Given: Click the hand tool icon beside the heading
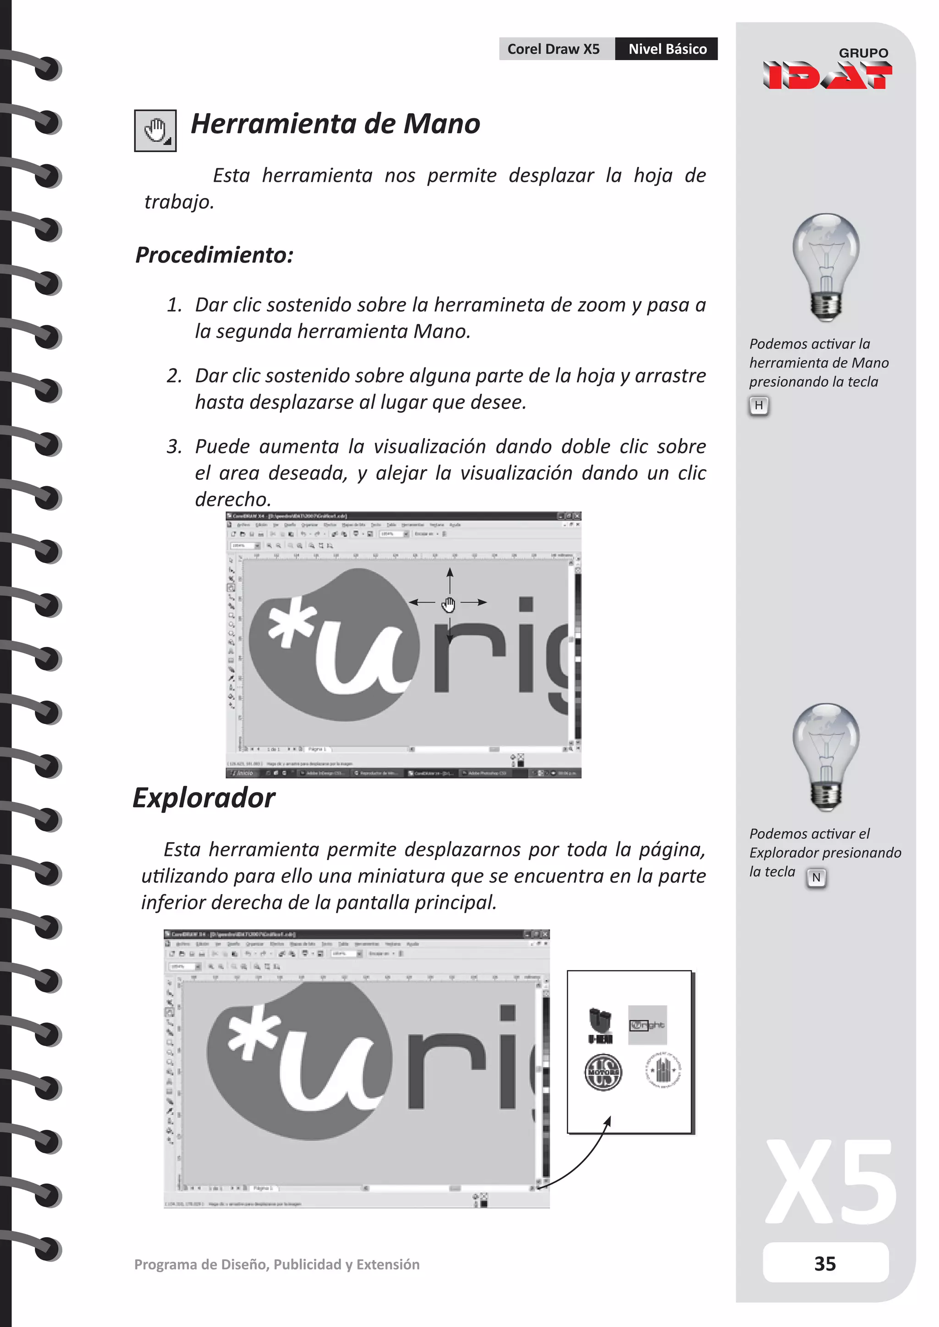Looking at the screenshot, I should tap(155, 131).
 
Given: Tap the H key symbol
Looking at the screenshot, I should tap(759, 406).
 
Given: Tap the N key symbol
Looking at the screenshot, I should tap(816, 877).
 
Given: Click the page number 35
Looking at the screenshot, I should tap(825, 1263).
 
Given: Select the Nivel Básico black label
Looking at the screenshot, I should tap(667, 49).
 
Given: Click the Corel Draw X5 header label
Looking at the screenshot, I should tap(553, 49).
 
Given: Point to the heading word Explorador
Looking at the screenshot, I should tap(204, 798).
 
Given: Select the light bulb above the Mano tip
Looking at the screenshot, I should tap(826, 266).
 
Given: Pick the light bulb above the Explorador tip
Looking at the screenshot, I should tap(826, 756).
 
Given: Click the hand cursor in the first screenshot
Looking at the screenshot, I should tap(449, 604).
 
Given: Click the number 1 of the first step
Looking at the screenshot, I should tap(173, 305).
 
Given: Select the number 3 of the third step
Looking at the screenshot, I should tap(173, 447).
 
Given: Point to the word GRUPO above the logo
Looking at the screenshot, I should tap(863, 53).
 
